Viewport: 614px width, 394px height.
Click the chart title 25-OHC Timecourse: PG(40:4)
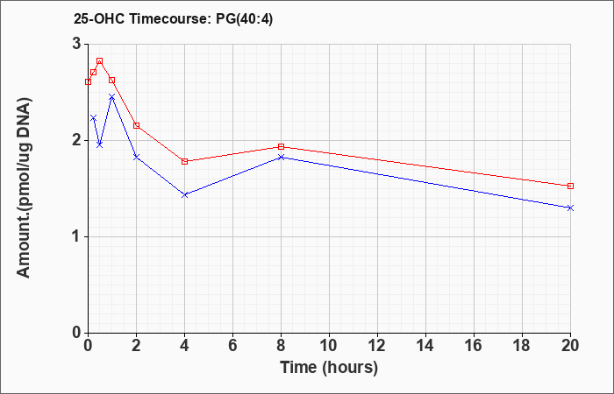click(173, 19)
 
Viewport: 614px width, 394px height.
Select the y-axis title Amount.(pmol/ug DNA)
click(24, 188)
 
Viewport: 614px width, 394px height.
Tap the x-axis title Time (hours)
click(329, 368)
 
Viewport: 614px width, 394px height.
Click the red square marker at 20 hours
click(570, 186)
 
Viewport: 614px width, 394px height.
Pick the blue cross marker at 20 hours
click(570, 208)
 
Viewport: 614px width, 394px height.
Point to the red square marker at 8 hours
click(281, 146)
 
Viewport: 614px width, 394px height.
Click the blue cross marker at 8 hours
click(281, 157)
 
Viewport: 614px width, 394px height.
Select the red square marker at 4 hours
click(184, 161)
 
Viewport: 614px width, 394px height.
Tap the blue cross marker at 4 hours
click(184, 194)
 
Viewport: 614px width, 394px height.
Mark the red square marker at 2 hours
click(136, 125)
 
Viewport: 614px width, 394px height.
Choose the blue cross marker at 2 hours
click(136, 157)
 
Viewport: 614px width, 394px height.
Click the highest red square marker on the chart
click(99, 61)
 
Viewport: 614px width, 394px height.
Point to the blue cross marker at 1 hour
click(111, 96)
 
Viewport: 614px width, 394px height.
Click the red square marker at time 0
click(88, 81)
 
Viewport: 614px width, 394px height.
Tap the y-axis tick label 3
click(77, 44)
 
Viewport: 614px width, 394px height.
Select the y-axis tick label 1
click(77, 236)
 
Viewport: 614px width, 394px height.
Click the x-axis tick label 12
click(377, 346)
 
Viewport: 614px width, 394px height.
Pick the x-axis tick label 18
click(523, 346)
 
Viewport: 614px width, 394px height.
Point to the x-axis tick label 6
click(232, 346)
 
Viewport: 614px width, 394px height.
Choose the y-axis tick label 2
click(77, 140)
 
